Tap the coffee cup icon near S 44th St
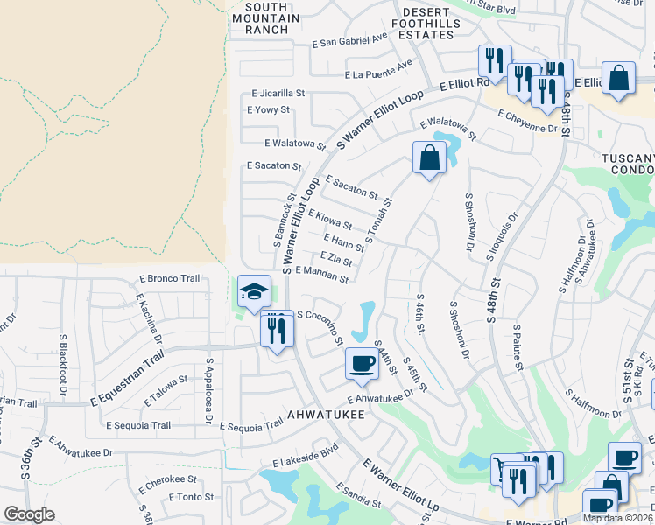click(x=361, y=362)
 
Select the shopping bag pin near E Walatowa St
click(x=429, y=158)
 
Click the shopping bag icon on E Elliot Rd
click(x=619, y=76)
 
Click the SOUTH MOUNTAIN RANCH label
click(x=260, y=17)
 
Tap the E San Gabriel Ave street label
click(x=349, y=40)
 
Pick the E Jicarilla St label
click(x=278, y=92)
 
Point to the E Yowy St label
click(x=268, y=110)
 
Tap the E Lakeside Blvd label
click(x=305, y=455)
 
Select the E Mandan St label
click(x=322, y=276)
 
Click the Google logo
click(x=29, y=514)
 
